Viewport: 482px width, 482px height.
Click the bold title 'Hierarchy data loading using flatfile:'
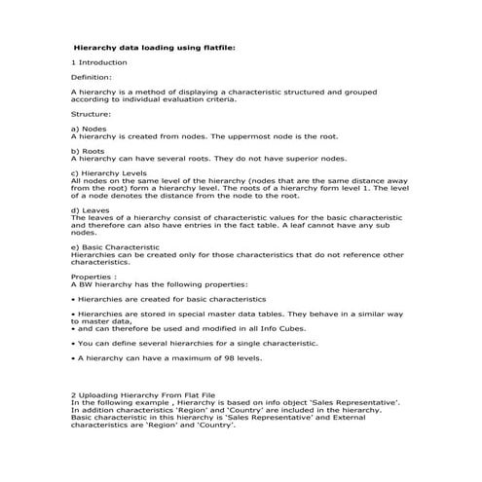point(155,46)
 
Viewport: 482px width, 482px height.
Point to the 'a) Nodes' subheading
point(90,129)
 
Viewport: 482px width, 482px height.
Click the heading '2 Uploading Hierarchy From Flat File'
point(148,395)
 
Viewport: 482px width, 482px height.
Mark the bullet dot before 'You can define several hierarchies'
point(74,343)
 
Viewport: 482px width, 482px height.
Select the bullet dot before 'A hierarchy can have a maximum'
point(74,358)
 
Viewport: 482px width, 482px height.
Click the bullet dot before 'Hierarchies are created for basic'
point(74,299)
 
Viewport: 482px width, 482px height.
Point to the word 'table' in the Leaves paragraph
point(307,225)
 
